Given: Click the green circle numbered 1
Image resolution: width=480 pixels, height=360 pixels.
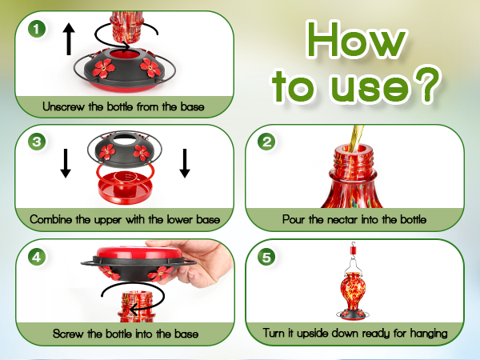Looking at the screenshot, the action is point(37,30).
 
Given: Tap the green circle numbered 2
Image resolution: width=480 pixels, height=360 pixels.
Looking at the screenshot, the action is point(266,142).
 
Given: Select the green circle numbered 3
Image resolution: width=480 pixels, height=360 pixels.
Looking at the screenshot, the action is point(37,142).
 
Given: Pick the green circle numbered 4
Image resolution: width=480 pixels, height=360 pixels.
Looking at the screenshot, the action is point(37,257).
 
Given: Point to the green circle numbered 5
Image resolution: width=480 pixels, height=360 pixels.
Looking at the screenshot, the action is point(266,257).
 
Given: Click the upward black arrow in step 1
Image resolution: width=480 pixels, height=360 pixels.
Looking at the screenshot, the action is point(69,39).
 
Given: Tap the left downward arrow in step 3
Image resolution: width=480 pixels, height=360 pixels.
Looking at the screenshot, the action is point(66,163).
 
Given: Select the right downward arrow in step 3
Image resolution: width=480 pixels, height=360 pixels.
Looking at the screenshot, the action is point(185,163).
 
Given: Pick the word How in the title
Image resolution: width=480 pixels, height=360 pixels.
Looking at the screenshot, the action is point(355,40).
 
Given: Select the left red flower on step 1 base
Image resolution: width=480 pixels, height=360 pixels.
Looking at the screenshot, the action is point(104,68).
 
